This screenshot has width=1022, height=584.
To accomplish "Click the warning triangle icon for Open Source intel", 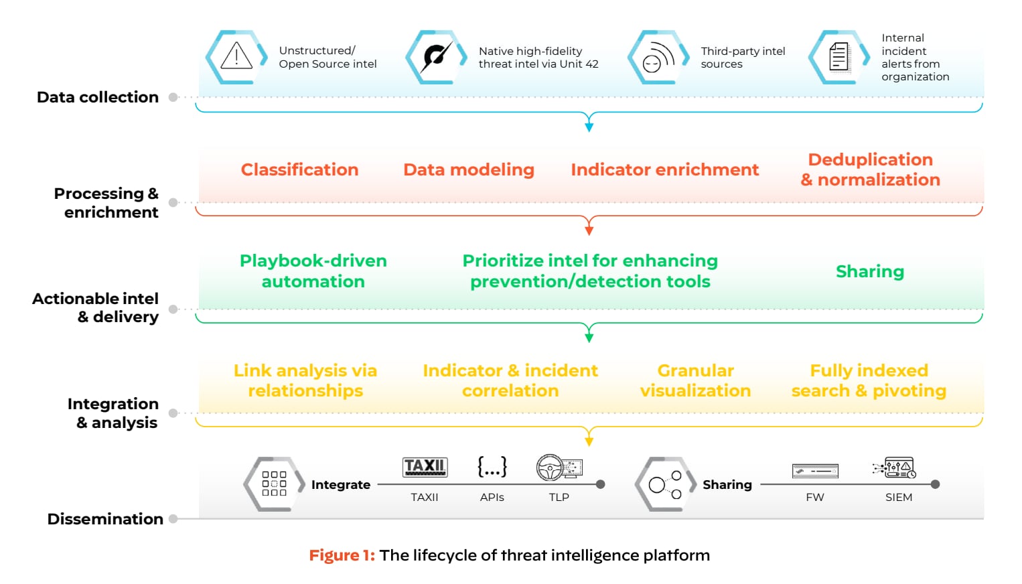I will (x=236, y=56).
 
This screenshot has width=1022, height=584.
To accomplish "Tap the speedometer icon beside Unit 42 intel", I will (x=436, y=56).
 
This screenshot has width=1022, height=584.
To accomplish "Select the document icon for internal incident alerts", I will (x=838, y=56).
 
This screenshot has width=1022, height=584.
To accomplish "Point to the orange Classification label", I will (x=299, y=169).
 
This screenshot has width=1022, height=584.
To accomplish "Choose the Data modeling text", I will (x=468, y=169).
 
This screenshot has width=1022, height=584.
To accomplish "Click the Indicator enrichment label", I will (x=664, y=169).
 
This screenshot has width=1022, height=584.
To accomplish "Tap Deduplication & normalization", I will (x=870, y=169).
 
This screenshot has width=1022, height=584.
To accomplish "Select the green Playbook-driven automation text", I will (x=313, y=271).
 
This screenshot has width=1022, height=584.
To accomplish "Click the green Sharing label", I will (x=869, y=271).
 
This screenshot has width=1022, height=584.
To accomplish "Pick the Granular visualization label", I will (x=695, y=380).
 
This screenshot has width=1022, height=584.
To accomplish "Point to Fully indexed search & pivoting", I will (x=869, y=380).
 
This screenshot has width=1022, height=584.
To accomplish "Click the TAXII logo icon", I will (x=425, y=467).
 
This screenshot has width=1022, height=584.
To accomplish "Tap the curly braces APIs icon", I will (x=492, y=467).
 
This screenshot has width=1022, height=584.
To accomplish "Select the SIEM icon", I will (x=895, y=467).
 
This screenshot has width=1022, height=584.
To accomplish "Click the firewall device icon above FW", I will (x=814, y=471).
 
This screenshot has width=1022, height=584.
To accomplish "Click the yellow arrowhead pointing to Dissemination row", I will (x=589, y=441).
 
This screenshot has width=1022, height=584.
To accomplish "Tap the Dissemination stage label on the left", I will (x=105, y=519).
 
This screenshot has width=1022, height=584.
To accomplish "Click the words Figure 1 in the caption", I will (x=342, y=555).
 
